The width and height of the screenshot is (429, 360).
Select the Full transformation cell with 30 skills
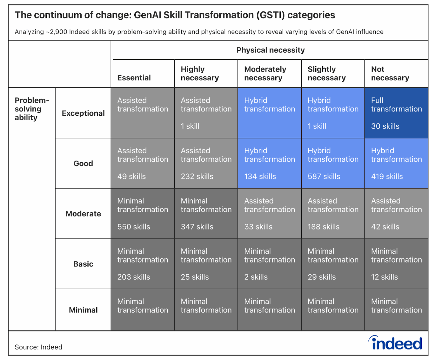click(x=396, y=113)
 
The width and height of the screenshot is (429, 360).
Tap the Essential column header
click(x=134, y=78)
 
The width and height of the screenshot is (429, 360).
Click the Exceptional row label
click(x=83, y=113)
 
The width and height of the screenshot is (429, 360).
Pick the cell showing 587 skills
click(x=333, y=163)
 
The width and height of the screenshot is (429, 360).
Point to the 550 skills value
click(x=134, y=227)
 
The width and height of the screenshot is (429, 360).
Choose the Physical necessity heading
click(x=270, y=50)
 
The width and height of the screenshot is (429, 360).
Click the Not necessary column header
click(x=390, y=73)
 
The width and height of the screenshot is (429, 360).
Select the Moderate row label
click(x=83, y=214)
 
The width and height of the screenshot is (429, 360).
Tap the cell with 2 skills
click(x=269, y=264)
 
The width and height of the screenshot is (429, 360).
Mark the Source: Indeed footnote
click(x=39, y=347)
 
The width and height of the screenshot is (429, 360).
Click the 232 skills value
click(x=197, y=176)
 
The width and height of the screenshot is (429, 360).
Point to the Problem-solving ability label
click(x=32, y=109)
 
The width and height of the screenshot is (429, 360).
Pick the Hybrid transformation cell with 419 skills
click(x=396, y=163)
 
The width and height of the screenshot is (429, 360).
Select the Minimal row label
click(x=83, y=310)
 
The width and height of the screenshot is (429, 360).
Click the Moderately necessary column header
click(x=265, y=73)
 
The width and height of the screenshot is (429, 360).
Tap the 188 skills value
click(x=323, y=227)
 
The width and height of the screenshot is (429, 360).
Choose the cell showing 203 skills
click(x=142, y=264)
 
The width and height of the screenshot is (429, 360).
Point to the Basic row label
click(x=83, y=264)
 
